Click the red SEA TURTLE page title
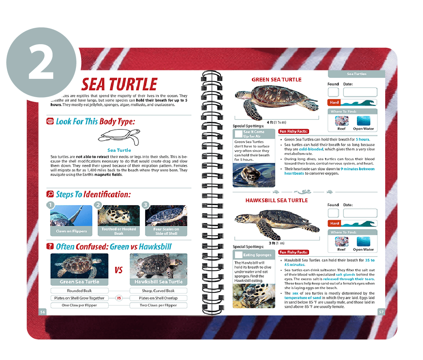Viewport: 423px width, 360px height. click(x=119, y=84)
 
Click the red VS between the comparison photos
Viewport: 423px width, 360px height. click(x=119, y=270)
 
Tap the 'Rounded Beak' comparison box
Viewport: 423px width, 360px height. click(x=79, y=291)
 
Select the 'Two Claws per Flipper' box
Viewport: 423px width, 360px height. click(x=158, y=305)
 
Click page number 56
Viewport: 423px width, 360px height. click(x=43, y=312)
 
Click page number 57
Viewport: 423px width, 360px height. click(x=381, y=312)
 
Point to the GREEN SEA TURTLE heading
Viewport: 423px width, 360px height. click(x=277, y=80)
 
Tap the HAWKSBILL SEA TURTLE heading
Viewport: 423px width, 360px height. click(x=277, y=200)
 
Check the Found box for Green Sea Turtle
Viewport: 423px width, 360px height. click(x=333, y=92)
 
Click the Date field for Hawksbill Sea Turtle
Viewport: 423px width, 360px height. click(x=360, y=213)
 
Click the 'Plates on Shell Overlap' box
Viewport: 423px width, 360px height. click(x=158, y=298)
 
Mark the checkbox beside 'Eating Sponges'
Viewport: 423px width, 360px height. click(x=238, y=255)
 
